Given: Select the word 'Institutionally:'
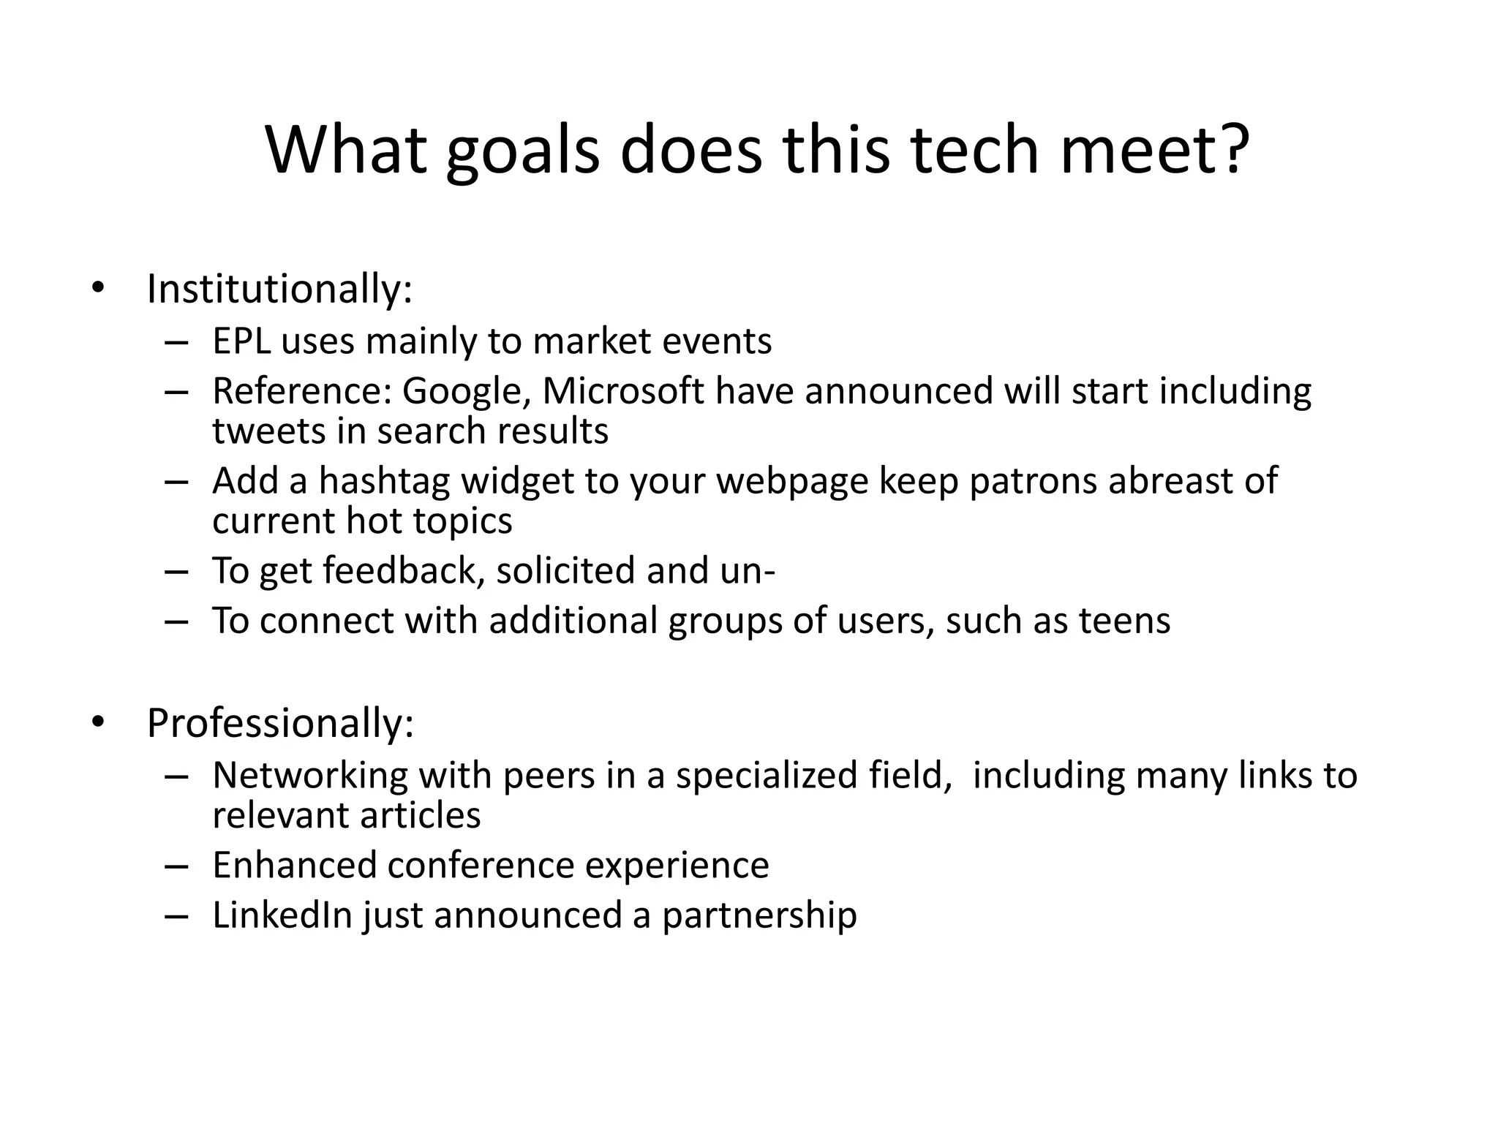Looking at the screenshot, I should point(279,290).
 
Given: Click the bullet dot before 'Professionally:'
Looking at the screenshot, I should point(98,722).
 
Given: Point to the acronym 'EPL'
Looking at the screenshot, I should point(240,341).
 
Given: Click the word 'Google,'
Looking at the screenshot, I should point(466,391).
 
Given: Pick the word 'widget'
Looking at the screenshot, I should point(517,482).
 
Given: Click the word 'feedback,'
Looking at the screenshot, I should point(404,571).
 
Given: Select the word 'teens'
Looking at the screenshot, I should point(1124,621).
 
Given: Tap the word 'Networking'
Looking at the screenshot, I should point(309,776).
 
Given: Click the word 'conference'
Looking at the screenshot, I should point(480,866).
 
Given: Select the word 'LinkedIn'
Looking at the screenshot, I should point(282,915).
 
